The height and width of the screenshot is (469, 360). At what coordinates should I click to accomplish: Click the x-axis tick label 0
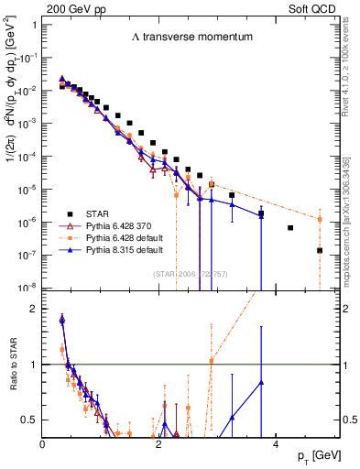click(43, 444)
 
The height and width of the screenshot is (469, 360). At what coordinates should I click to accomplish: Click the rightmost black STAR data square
click(320, 250)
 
